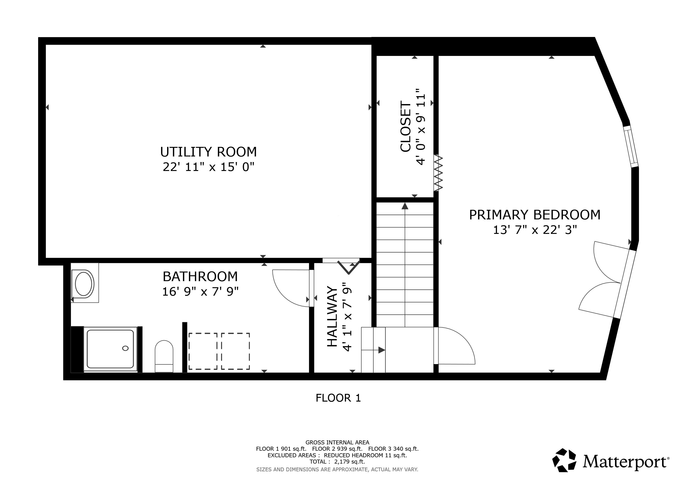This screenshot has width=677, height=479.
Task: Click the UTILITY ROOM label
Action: [x=209, y=152]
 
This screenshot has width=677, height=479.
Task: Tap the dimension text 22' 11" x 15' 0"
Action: [x=209, y=167]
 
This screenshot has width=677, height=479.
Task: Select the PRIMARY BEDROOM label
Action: [x=535, y=215]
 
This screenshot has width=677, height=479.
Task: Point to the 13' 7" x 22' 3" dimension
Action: [x=535, y=230]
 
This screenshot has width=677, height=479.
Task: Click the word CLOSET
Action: [x=406, y=127]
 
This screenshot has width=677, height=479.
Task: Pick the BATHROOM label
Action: [x=200, y=277]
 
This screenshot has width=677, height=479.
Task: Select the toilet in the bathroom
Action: [x=164, y=356]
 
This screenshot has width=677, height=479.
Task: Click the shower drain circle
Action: [x=125, y=348]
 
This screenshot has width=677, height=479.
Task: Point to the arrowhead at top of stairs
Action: [x=405, y=206]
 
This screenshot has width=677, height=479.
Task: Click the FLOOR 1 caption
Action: [x=338, y=398]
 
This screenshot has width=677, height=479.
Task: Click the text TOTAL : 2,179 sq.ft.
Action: [x=337, y=462]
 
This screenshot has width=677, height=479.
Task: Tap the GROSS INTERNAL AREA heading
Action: [x=337, y=443]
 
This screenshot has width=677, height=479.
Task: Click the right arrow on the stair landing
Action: [x=382, y=350]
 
